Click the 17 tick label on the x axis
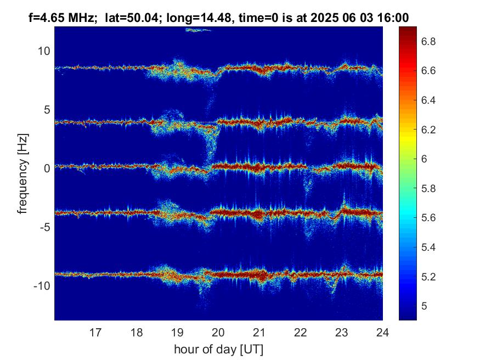[95, 333]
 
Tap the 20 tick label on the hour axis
[218, 333]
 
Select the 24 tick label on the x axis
[382, 333]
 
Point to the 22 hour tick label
[300, 333]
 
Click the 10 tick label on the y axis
[44, 51]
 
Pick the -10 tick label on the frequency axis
[42, 286]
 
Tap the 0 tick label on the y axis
[47, 168]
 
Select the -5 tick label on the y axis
[44, 227]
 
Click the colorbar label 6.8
[428, 41]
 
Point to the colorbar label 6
[424, 159]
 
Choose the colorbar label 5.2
[428, 277]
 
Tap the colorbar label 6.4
[428, 100]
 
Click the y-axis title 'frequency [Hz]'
[23, 173]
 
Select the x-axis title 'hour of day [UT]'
[218, 349]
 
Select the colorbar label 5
[424, 306]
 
